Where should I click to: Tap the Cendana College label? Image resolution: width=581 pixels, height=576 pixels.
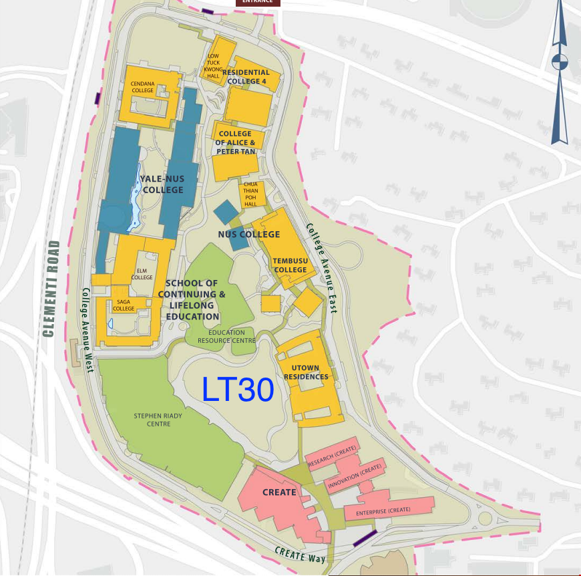[x=142, y=87]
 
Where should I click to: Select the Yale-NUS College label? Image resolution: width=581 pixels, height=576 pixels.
[x=162, y=184]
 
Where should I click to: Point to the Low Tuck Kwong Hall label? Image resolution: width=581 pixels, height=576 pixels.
[x=213, y=66]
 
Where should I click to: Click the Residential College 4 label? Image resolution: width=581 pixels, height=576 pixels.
[x=246, y=77]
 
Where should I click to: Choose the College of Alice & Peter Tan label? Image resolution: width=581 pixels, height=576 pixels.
[x=235, y=142]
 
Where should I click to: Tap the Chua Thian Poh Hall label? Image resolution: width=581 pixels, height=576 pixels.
[x=250, y=194]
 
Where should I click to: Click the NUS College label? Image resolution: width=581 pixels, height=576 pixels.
[x=249, y=235]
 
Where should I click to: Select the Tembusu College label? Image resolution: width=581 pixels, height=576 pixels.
[x=290, y=265]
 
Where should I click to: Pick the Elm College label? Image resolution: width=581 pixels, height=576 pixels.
[x=142, y=273]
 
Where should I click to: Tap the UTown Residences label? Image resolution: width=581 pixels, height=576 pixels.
[x=306, y=372]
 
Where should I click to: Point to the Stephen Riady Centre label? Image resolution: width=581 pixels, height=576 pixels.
[x=158, y=420]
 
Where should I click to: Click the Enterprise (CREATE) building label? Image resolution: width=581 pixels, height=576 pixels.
[x=383, y=511]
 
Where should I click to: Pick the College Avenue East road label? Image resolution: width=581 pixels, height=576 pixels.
[x=321, y=268]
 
